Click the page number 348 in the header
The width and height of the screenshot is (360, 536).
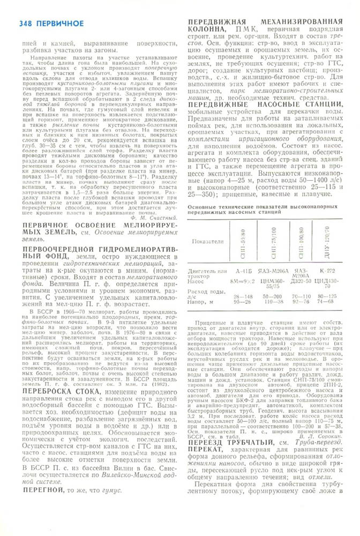click(26, 24)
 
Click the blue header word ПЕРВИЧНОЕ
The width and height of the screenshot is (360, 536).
click(60, 24)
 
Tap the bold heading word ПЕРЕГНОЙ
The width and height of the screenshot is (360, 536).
click(41, 490)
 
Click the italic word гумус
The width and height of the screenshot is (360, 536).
click(111, 490)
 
